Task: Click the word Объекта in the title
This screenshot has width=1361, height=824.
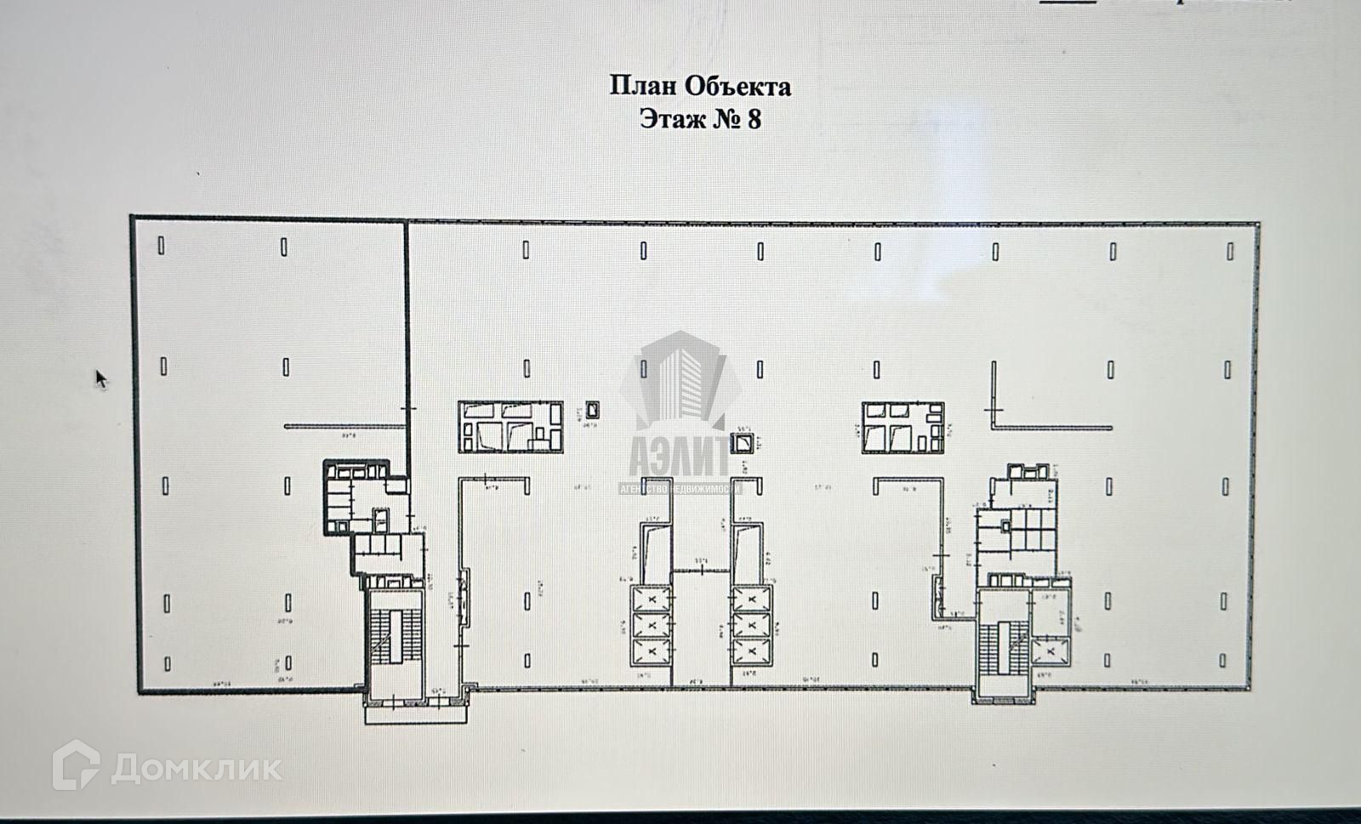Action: (738, 86)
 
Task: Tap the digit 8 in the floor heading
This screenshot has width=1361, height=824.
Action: (753, 118)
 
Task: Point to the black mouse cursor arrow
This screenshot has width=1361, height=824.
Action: (101, 378)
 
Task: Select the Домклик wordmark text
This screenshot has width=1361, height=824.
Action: (196, 768)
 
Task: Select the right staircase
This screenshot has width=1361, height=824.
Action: (1001, 651)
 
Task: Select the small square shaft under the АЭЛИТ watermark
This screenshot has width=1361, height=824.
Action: (743, 442)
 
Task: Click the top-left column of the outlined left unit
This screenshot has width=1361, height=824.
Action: (162, 247)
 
